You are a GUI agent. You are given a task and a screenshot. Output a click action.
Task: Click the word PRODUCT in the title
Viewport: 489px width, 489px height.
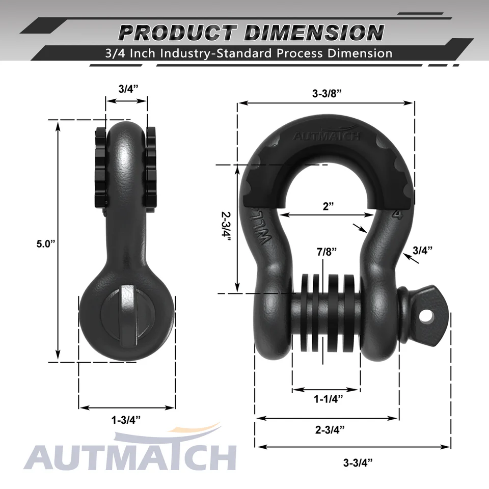(176, 33)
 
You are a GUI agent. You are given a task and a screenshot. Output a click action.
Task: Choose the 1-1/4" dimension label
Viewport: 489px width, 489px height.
(327, 398)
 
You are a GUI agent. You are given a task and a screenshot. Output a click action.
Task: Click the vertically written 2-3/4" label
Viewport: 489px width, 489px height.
(226, 230)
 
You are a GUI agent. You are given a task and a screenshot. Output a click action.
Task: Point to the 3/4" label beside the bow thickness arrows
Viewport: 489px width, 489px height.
(422, 250)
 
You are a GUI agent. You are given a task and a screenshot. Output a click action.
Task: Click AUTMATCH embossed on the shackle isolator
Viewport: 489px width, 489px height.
(327, 136)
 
